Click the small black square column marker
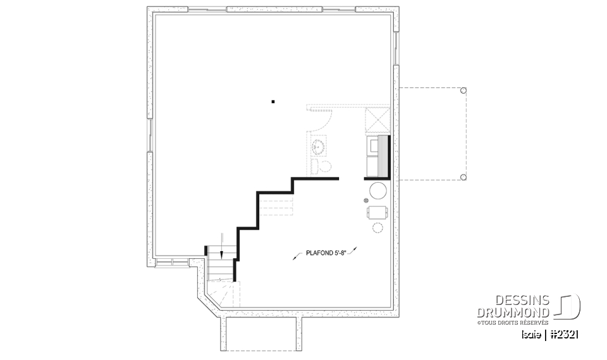coord(273,101)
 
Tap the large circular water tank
coord(379,190)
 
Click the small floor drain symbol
coord(366,201)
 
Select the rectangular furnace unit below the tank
coord(377,212)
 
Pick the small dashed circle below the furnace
coord(378,228)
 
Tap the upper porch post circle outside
coord(463,90)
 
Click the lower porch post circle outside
coord(463,177)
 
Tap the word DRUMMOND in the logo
coord(513,313)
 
